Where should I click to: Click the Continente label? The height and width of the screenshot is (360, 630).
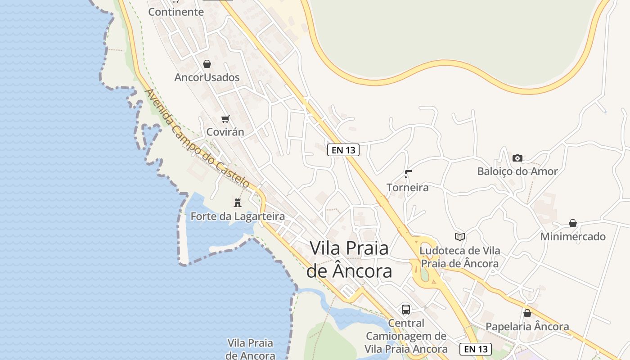tap(176, 12)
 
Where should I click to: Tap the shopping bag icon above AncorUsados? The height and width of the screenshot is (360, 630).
tap(207, 64)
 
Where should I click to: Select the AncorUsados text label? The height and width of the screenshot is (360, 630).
tap(207, 77)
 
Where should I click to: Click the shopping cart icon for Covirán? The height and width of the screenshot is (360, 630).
tap(225, 119)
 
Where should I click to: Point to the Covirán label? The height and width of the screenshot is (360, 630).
tap(225, 132)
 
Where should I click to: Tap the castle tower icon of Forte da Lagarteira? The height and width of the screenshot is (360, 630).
tap(238, 202)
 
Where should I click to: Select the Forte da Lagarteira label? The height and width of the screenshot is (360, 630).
tap(238, 216)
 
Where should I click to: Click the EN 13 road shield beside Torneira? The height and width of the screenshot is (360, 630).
tap(343, 150)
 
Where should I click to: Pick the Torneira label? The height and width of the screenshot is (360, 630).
tap(408, 187)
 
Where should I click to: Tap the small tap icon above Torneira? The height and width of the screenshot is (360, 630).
tap(408, 174)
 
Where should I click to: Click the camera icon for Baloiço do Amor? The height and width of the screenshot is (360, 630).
tap(517, 158)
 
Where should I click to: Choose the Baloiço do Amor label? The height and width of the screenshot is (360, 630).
tap(517, 171)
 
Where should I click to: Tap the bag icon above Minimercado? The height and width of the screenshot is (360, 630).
tap(573, 223)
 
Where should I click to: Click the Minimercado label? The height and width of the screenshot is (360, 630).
tap(573, 237)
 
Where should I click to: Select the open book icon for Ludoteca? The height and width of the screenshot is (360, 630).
tap(459, 237)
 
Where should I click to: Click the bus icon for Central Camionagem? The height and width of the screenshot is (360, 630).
tap(406, 309)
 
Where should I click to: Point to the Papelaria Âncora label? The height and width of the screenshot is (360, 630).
tap(527, 327)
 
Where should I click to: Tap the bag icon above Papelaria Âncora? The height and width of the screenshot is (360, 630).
tap(527, 313)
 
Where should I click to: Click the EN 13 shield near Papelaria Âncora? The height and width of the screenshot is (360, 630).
tap(476, 349)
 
